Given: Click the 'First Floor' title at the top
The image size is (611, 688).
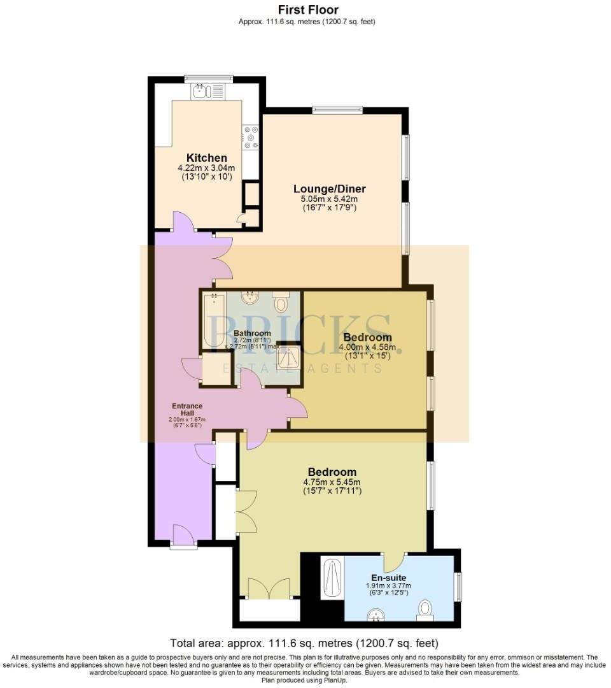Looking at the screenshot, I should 308,10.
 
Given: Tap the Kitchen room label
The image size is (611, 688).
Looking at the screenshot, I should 206,158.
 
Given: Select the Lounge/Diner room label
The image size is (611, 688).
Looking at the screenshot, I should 329,189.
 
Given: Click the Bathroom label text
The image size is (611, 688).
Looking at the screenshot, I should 252,333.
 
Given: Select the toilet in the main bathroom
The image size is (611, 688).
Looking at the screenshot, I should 281,302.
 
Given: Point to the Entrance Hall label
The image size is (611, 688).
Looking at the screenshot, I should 187,409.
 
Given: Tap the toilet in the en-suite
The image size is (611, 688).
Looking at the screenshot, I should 425,610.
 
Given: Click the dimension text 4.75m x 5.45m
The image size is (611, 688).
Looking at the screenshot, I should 332,482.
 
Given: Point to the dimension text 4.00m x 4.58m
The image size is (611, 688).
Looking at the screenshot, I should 367,347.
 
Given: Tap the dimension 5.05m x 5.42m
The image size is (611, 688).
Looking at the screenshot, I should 329,199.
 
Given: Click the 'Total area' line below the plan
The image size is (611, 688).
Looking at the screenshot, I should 304,643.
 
